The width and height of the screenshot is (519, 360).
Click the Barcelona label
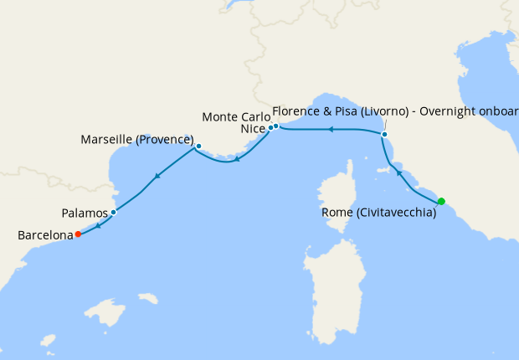pos(45,236)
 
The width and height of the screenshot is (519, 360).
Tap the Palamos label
pos(84,213)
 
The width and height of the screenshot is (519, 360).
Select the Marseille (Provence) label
pos(137,139)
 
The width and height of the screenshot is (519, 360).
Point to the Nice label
pos(253,129)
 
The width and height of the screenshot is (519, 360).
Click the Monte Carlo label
pos(236,116)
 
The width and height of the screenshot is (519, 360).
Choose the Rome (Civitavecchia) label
pos(379,213)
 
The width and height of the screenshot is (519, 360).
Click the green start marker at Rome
pos(441,201)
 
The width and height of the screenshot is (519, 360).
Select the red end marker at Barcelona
pos(78,234)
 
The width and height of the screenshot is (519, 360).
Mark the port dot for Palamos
pos(113,213)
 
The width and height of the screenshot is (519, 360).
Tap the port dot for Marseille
pos(198,147)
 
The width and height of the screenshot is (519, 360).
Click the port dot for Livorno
pos(384,134)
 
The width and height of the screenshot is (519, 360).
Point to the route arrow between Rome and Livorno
pos(399,173)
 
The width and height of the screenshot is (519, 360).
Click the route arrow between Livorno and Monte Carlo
pos(331,130)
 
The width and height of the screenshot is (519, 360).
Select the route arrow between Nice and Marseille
pos(238,159)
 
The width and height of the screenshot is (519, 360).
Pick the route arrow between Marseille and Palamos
pos(156,177)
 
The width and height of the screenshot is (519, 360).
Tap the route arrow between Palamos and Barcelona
pos(98,224)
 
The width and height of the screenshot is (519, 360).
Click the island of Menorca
pos(148,298)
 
